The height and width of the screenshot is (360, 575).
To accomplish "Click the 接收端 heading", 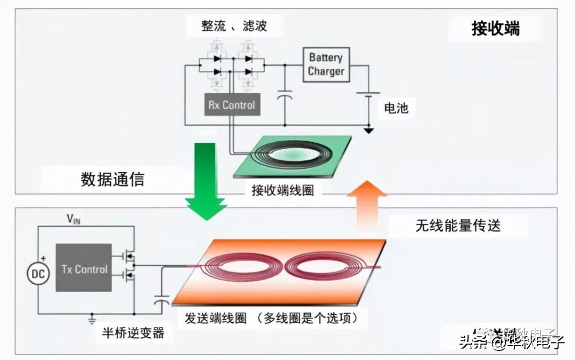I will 495,29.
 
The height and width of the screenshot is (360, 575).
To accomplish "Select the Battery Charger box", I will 326,64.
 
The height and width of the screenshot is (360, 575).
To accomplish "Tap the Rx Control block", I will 231,105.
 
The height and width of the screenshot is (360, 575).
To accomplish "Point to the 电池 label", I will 396,108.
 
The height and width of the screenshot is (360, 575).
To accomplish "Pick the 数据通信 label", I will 112,179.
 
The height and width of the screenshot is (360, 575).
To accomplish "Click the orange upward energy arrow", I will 367,205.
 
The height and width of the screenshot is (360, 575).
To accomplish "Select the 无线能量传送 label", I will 458,226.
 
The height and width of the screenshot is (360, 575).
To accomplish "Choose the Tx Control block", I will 84,268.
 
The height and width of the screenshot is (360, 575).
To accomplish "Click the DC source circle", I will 38,274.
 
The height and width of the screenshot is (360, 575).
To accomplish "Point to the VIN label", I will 74,218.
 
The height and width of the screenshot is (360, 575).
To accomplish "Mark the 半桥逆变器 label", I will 133,333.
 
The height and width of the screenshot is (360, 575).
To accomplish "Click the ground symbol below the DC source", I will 92,319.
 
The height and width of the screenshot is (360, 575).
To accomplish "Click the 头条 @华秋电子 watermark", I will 511,341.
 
